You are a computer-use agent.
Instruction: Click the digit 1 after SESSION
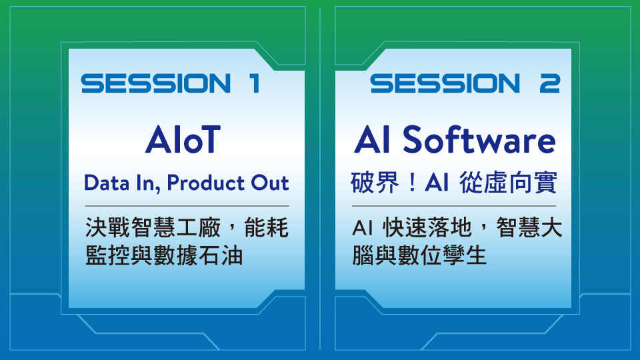pyautogui.click(x=255, y=83)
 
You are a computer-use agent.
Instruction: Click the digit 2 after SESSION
pyautogui.click(x=549, y=83)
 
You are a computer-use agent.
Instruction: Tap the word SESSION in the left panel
pyautogui.click(x=156, y=83)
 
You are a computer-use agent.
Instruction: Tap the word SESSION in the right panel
pyautogui.click(x=445, y=83)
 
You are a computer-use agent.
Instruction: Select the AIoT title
pyautogui.click(x=183, y=139)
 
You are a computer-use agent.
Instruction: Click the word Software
pyautogui.click(x=479, y=139)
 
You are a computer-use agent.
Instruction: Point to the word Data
pyautogui.click(x=107, y=183)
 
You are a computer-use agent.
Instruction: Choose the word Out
pyautogui.click(x=270, y=183)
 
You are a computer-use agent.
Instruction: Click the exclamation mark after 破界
pyautogui.click(x=413, y=183)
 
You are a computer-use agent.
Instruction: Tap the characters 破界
pyautogui.click(x=375, y=183)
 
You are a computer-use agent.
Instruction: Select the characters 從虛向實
pyautogui.click(x=508, y=183)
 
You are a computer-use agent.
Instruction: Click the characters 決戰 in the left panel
pyautogui.click(x=108, y=227)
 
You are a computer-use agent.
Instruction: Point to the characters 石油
pyautogui.click(x=221, y=256)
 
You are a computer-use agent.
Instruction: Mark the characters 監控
pyautogui.click(x=108, y=256)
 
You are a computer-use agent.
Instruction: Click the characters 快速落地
pyautogui.click(x=427, y=227)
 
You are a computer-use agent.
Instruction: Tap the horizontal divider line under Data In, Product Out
pyautogui.click(x=187, y=206)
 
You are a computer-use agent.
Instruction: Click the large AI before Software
pyautogui.click(x=372, y=139)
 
